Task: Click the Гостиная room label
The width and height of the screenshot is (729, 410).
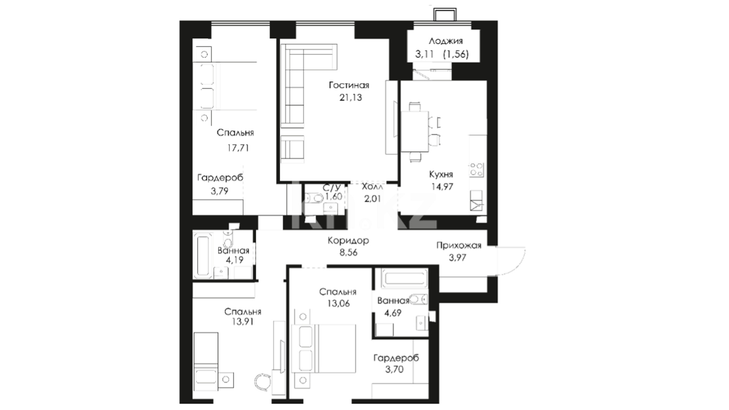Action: pyautogui.click(x=349, y=85)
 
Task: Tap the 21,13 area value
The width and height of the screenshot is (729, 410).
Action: pyautogui.click(x=351, y=98)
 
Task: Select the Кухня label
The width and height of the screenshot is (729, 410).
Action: pyautogui.click(x=441, y=174)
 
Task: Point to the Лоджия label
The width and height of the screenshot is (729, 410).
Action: pyautogui.click(x=446, y=41)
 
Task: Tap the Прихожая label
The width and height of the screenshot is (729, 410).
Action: pyautogui.click(x=459, y=245)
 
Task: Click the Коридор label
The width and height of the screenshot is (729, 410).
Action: pyautogui.click(x=348, y=240)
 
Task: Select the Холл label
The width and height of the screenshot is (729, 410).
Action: pyautogui.click(x=372, y=186)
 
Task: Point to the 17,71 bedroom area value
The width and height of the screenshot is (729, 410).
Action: pyautogui.click(x=238, y=148)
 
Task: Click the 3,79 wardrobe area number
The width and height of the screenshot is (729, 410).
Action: pyautogui.click(x=220, y=191)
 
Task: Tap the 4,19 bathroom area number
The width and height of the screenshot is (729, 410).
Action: pyautogui.click(x=234, y=260)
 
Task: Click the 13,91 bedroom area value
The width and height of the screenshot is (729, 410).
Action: pyautogui.click(x=243, y=322)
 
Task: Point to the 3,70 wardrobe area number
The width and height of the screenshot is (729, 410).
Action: pyautogui.click(x=394, y=369)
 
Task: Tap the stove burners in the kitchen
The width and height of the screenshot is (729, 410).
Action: pyautogui.click(x=477, y=170)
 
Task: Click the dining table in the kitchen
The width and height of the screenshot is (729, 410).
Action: pyautogui.click(x=415, y=131)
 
